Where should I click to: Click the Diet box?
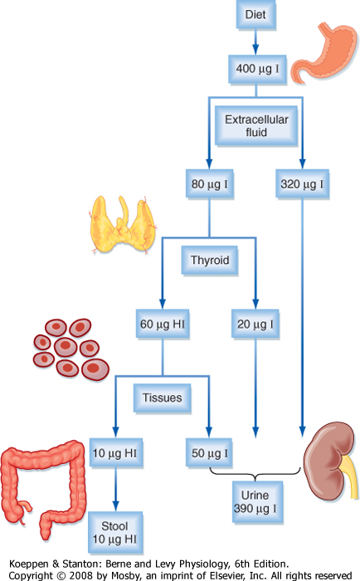(256, 14)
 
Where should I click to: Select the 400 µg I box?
(257, 69)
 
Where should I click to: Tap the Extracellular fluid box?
(256, 125)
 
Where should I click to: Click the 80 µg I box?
(210, 184)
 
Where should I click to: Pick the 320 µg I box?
(302, 184)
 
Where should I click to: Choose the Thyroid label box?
(210, 261)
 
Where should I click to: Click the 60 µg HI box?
(163, 325)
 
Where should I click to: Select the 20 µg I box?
(255, 325)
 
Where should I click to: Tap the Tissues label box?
(163, 398)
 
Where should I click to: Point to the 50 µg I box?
(209, 453)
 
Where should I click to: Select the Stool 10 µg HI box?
(115, 533)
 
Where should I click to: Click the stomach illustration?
(324, 51)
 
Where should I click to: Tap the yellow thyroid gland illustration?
(123, 225)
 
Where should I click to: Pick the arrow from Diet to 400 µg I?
(256, 42)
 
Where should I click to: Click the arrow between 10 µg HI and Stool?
(115, 490)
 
